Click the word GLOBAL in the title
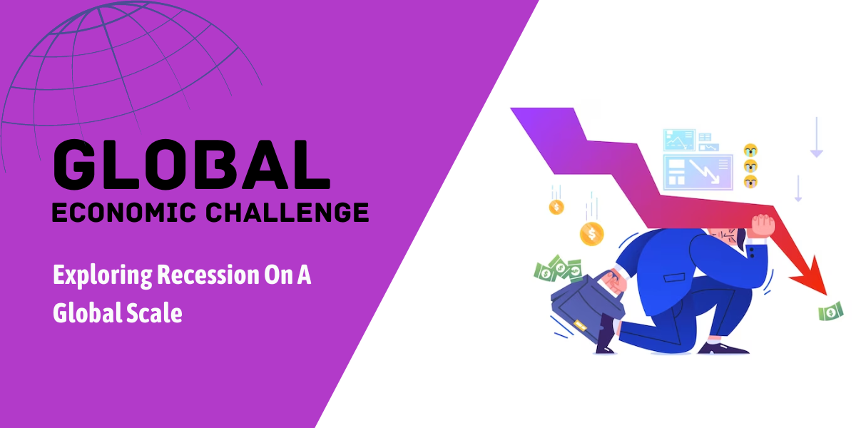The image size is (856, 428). click(192, 165)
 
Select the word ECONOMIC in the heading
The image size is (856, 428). click(124, 213)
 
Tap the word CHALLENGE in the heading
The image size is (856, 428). click(287, 213)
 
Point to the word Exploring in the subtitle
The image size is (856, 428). click(103, 275)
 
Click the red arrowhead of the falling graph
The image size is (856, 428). click(812, 277)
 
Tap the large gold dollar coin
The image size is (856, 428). click(591, 234)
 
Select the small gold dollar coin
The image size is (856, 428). click(556, 207)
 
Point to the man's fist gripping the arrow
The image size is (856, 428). click(763, 226)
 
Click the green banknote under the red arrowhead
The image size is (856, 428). click(831, 312)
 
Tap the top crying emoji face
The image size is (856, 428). click(750, 151)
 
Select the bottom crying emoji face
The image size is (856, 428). click(750, 181)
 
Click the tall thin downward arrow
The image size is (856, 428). click(817, 137)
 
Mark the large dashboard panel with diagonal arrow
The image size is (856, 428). click(698, 173)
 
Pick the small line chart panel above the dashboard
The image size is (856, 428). click(679, 140)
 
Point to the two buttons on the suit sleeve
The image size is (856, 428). click(752, 253)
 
